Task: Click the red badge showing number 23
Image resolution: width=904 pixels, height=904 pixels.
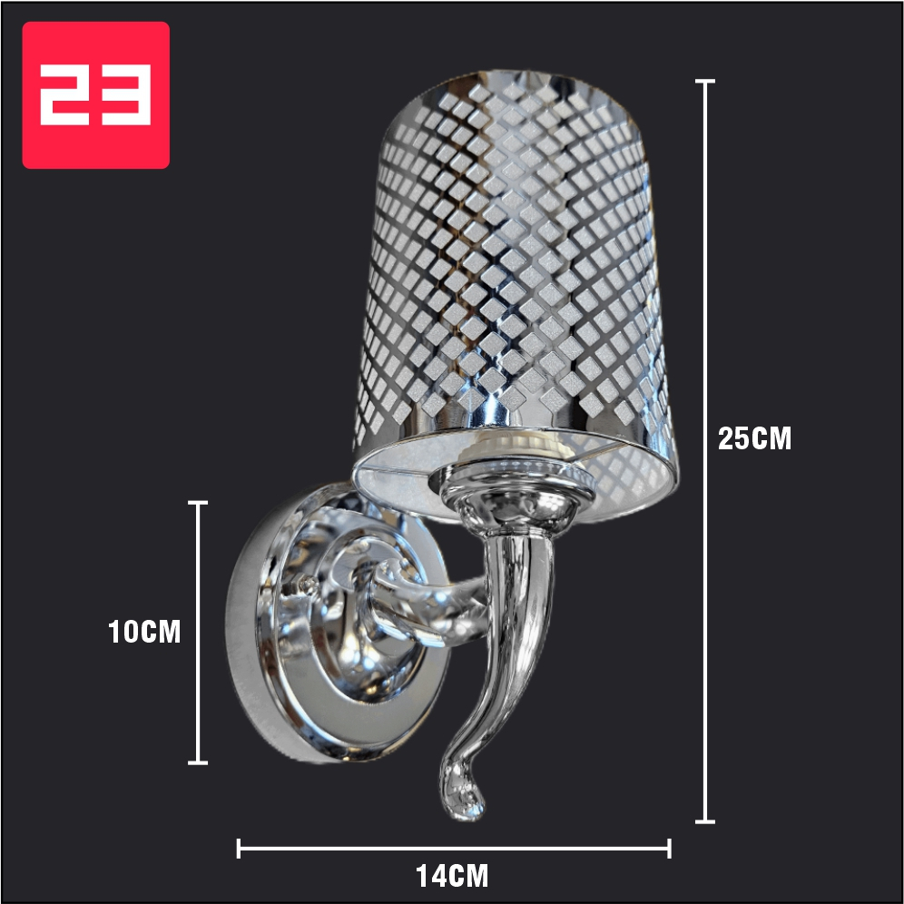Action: point(95,95)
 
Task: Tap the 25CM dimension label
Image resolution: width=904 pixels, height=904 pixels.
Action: point(754,438)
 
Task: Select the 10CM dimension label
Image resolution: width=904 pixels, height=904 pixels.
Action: point(144,632)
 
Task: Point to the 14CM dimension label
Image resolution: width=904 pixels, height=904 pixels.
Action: point(453,877)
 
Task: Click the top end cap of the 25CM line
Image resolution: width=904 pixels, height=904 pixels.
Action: point(704,82)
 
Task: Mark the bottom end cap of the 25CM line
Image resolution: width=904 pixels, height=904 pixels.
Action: point(704,821)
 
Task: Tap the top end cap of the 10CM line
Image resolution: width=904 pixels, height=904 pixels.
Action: point(198,503)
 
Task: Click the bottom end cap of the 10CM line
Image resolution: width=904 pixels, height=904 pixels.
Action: point(198,762)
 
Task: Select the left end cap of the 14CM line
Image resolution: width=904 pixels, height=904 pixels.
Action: point(239,849)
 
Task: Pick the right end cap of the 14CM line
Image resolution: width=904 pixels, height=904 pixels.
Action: point(669,849)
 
